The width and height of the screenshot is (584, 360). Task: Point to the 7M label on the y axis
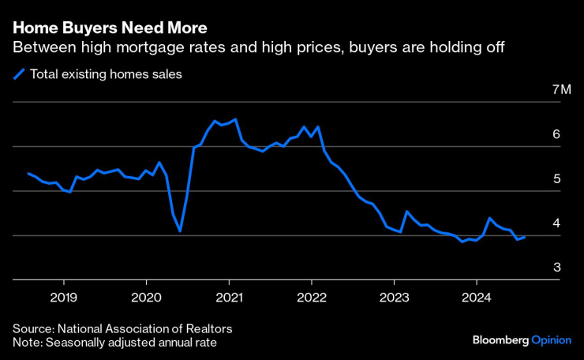[561, 90]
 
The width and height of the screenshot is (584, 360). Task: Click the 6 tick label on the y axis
[556, 135]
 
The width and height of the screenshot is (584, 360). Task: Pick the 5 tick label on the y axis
[556, 179]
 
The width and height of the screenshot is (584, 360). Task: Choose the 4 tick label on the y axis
[556, 223]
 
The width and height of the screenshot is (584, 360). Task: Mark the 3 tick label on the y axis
[556, 268]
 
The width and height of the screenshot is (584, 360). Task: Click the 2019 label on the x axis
[63, 298]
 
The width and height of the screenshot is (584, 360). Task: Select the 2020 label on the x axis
[146, 298]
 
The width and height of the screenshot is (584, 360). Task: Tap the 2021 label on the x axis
[229, 298]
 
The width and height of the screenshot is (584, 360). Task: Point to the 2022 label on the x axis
[311, 298]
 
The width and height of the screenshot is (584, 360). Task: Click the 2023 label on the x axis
[394, 298]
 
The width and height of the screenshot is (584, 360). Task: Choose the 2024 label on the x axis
[476, 298]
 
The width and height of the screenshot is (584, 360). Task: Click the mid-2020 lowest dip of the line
[180, 231]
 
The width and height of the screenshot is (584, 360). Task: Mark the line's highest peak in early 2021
[235, 119]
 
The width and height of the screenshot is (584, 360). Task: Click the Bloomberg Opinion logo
[521, 339]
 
